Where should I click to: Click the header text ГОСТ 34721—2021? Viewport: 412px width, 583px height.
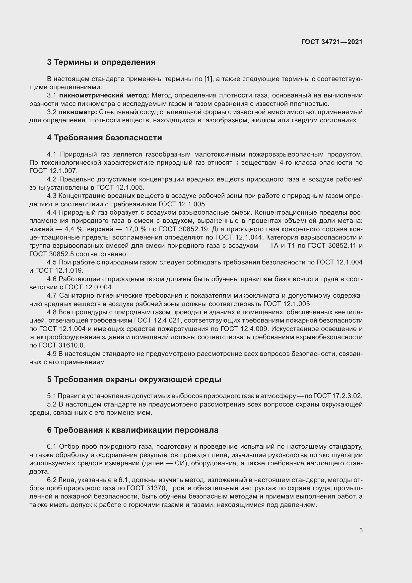[332, 42]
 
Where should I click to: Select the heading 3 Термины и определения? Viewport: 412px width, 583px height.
[101, 62]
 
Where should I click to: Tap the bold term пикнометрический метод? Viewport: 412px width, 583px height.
[104, 95]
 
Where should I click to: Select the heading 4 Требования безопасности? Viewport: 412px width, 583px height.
[104, 138]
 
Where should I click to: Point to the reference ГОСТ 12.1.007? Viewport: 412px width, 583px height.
[53, 171]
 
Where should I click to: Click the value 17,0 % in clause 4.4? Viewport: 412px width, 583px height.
[136, 229]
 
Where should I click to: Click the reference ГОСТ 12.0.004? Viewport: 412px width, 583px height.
[88, 287]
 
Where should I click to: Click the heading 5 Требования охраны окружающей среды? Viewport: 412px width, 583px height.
[134, 380]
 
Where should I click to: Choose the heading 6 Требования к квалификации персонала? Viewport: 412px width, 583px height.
[133, 430]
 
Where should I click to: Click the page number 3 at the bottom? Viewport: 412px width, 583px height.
[361, 530]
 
